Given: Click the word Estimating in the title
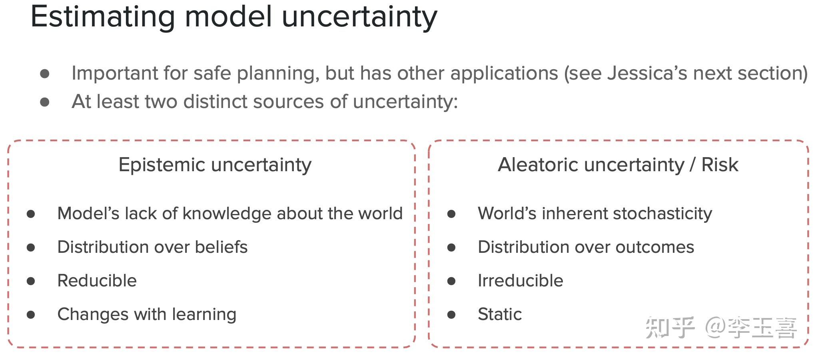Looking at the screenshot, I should pos(103,17).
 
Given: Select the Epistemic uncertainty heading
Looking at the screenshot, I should pos(215,165).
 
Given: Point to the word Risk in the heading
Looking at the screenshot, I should pos(720,165).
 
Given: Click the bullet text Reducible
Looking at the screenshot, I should pos(97,280).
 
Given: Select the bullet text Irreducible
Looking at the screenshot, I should pos(520,280).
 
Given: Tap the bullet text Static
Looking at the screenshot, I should pos(499,314).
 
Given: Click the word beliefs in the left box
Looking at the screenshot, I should pos(221,247).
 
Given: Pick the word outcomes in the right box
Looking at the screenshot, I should pos(654,247).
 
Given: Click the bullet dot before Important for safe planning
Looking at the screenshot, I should pos(45,74).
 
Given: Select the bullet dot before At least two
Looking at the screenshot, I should pos(45,102).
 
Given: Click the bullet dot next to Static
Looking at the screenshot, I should pos(451,315).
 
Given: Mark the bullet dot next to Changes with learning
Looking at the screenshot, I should pos(31,315).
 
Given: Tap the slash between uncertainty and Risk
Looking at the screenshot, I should pos(692,165).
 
